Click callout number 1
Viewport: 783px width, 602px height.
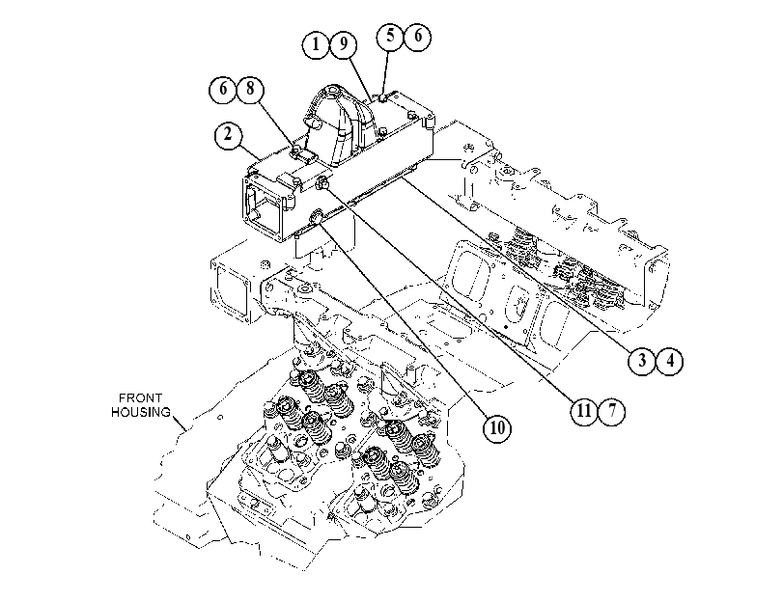click(x=316, y=45)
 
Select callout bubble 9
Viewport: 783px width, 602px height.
click(x=344, y=45)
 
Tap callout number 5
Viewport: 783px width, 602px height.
click(x=390, y=36)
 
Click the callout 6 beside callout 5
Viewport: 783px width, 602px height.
click(x=417, y=36)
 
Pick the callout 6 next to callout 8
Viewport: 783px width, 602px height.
click(x=223, y=89)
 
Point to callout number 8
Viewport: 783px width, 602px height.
click(x=250, y=89)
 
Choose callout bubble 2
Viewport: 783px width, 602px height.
click(x=228, y=135)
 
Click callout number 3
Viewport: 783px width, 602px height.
click(x=642, y=360)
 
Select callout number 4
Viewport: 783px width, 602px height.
click(x=670, y=360)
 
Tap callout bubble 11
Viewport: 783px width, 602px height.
click(x=584, y=411)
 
